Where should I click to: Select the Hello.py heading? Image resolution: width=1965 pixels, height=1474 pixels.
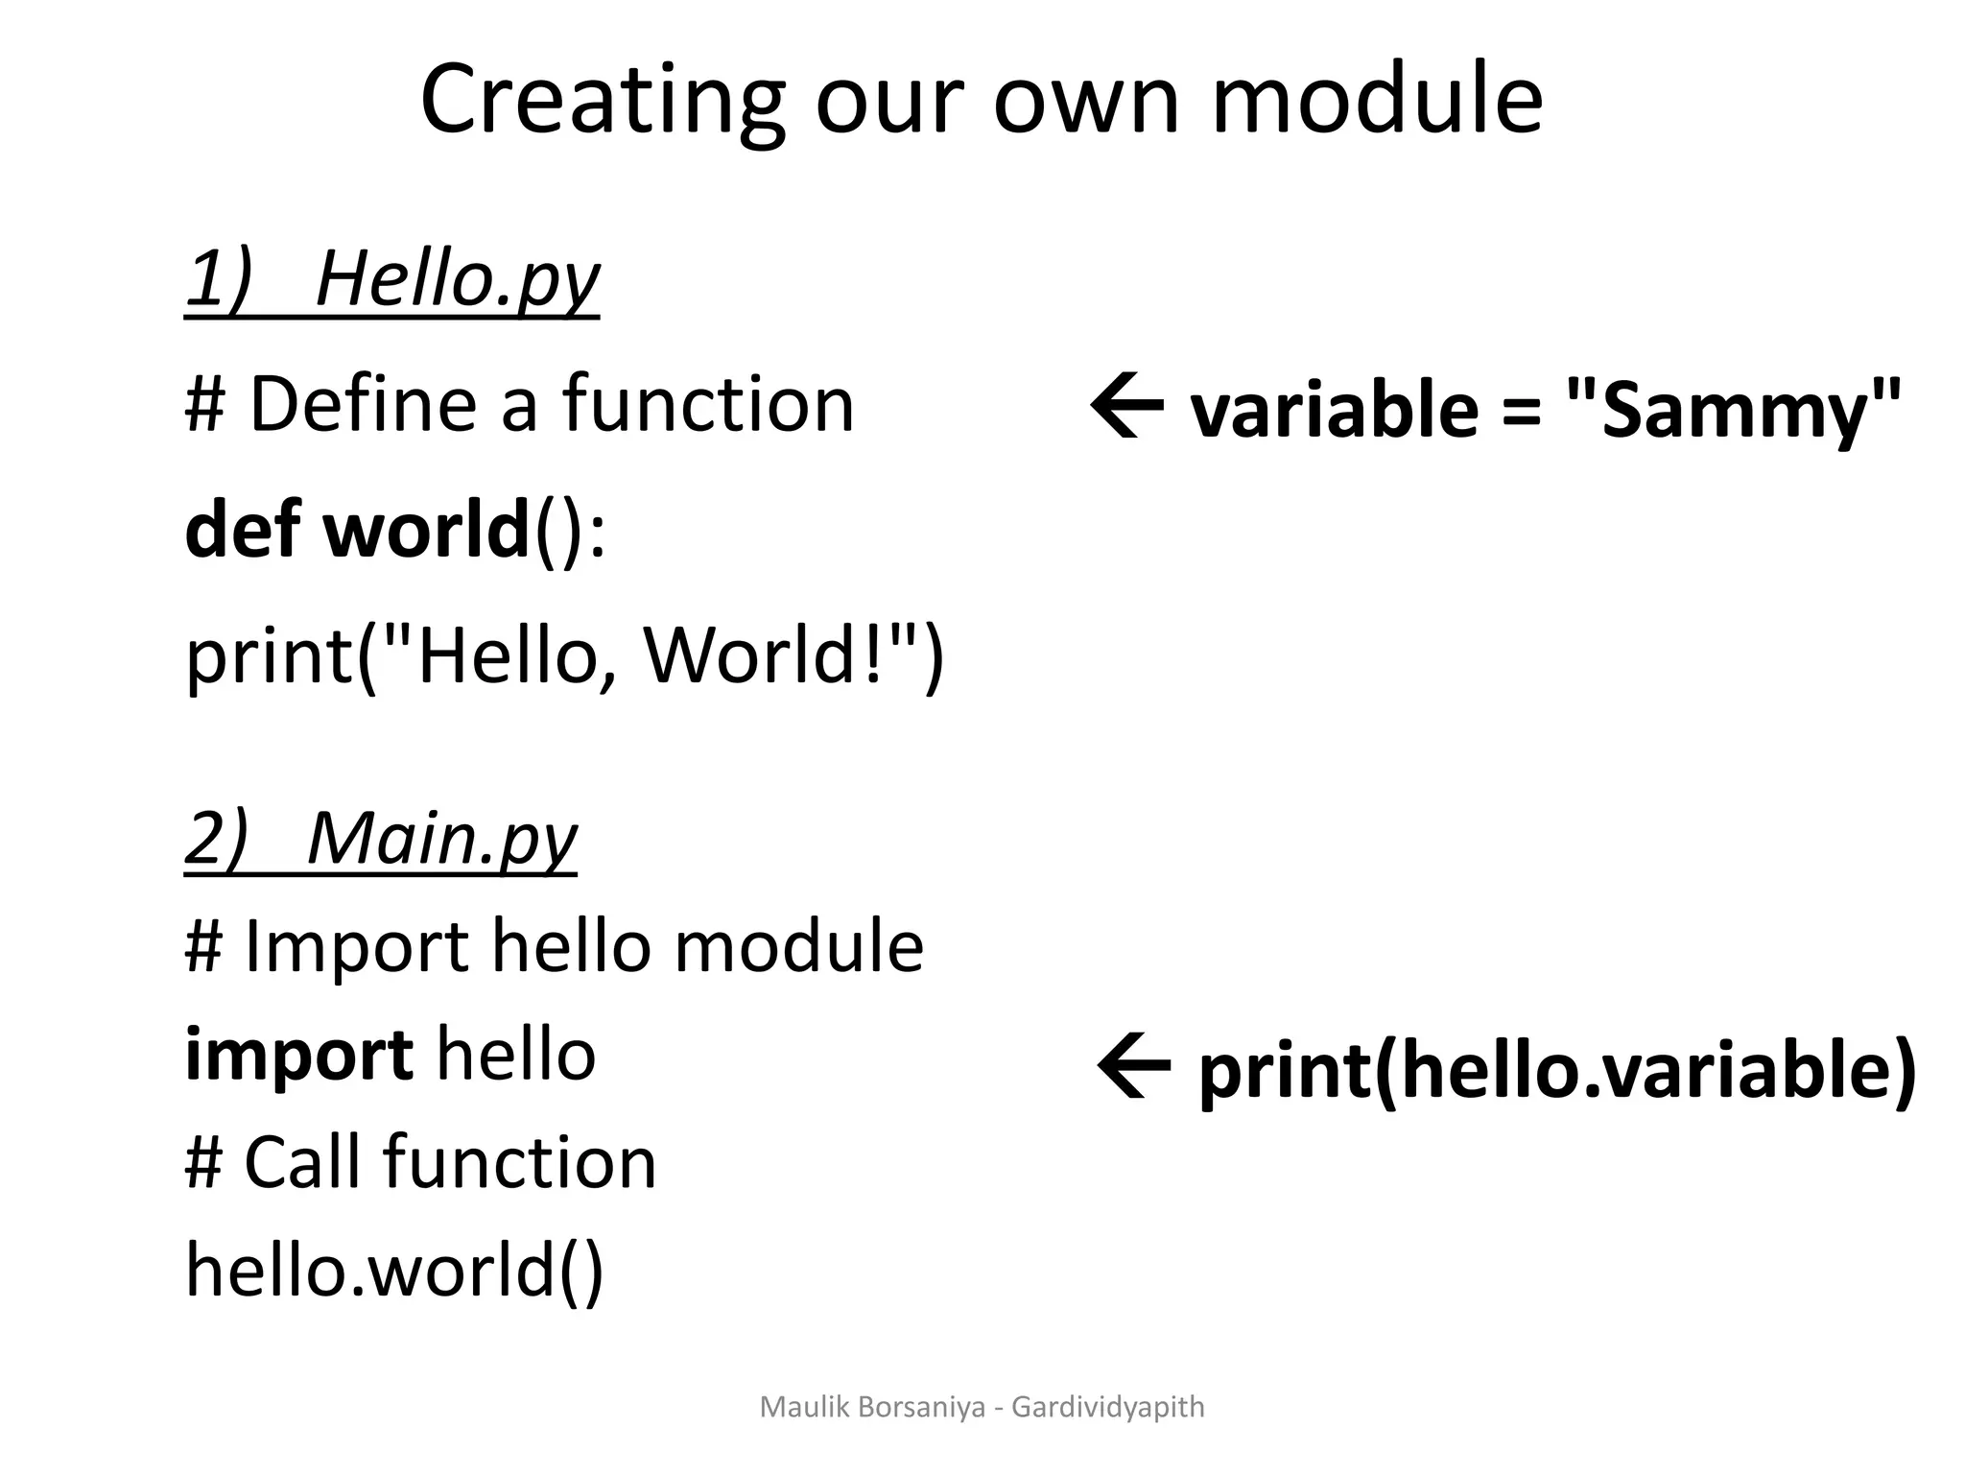(x=457, y=278)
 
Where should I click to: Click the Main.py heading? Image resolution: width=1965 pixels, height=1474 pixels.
(x=442, y=839)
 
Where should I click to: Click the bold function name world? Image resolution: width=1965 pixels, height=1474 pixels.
(x=426, y=530)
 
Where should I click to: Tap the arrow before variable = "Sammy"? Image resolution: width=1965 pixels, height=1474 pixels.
(x=1127, y=409)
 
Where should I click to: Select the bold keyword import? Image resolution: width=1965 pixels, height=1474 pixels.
(x=298, y=1054)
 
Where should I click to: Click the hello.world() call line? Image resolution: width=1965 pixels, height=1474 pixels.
(x=394, y=1269)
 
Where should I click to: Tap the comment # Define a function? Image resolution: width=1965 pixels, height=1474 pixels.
(x=519, y=404)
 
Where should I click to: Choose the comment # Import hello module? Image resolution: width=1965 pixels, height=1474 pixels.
(x=554, y=946)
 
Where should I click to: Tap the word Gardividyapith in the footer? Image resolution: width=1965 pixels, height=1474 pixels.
(x=1107, y=1408)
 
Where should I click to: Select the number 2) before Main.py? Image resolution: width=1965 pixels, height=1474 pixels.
(x=216, y=839)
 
